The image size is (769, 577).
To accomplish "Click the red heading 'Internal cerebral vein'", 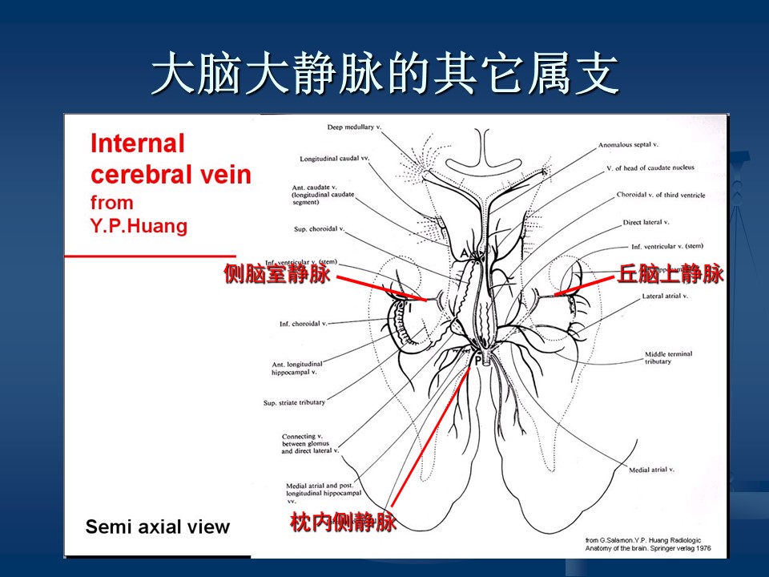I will tap(170, 159).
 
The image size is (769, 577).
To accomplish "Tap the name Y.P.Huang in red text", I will tap(139, 226).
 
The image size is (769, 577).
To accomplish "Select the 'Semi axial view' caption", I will tap(158, 527).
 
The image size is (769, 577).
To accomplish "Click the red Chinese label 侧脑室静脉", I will tap(276, 275).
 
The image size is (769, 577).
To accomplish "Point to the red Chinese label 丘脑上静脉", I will tap(670, 274).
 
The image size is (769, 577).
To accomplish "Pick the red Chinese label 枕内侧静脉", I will tap(343, 523).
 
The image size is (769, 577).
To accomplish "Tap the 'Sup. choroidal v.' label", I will tap(318, 229).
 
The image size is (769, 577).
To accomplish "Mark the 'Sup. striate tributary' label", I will tap(294, 402).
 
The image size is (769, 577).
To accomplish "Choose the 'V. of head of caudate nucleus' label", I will tap(650, 167).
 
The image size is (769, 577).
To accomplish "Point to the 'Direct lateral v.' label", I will tap(645, 222).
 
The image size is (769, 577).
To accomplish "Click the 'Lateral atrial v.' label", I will tap(665, 297).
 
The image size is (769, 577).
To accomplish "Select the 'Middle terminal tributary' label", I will tap(669, 357).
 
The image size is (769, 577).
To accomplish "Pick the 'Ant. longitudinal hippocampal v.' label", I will tap(294, 369).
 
